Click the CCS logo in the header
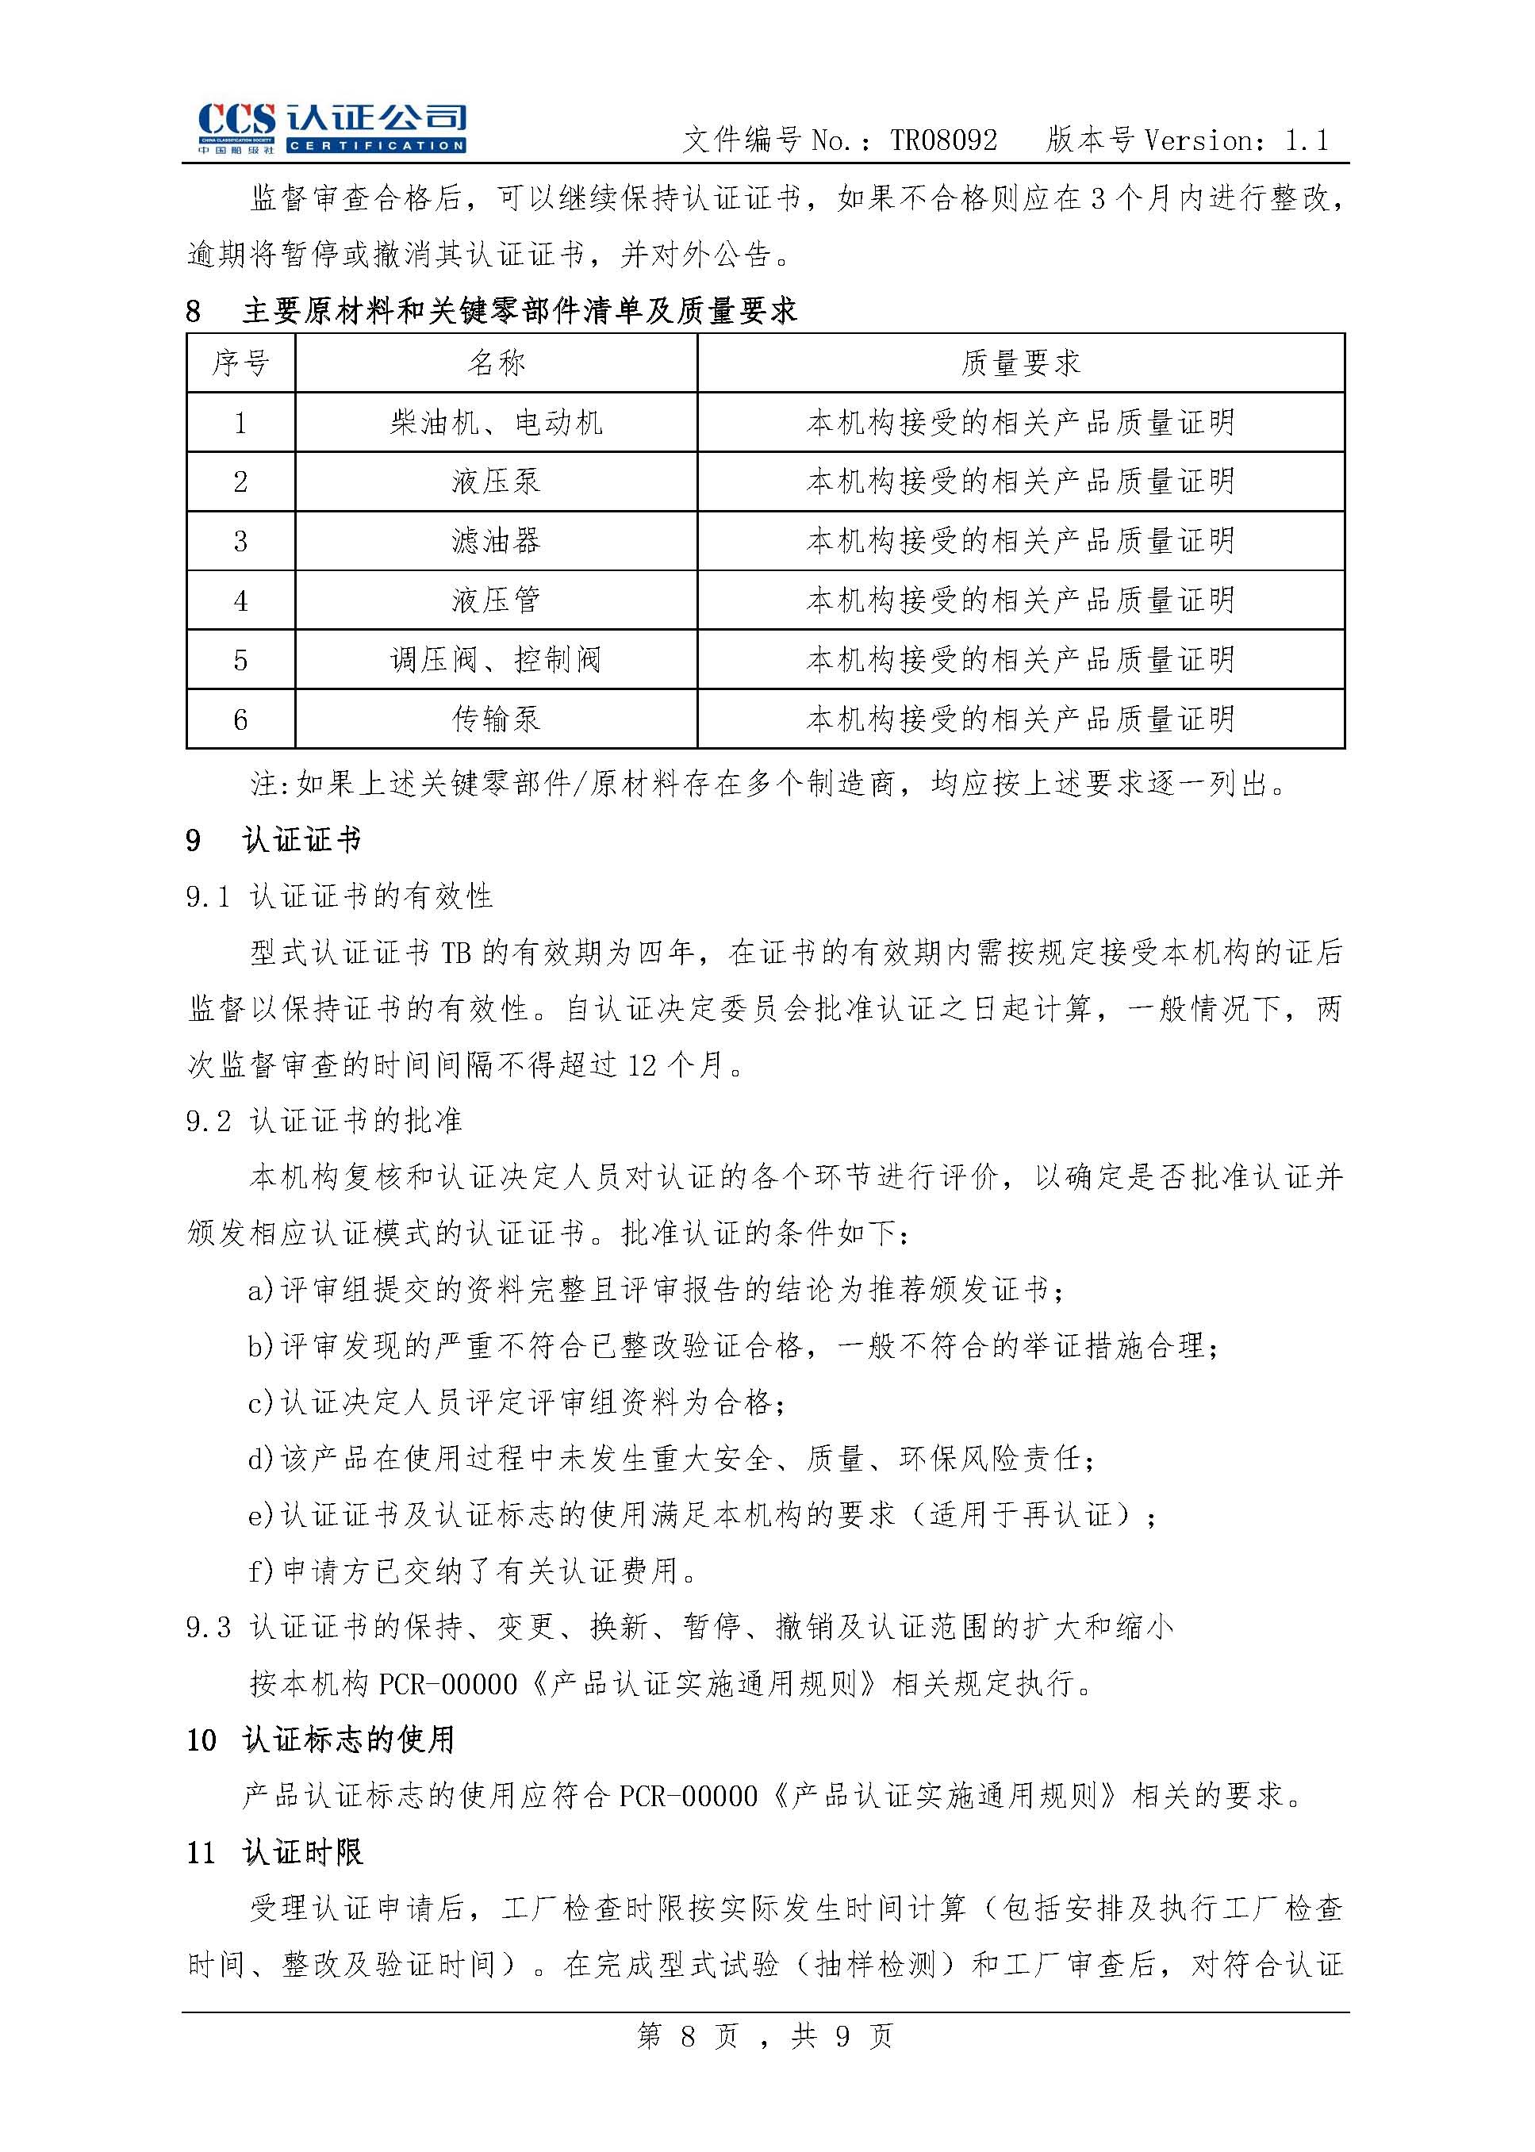pos(331,128)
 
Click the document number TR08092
pos(942,142)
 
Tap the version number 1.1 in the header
pos(1307,142)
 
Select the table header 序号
pos(240,363)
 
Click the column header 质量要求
pos(1020,363)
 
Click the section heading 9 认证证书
pos(274,840)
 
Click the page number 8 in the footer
pos(688,2035)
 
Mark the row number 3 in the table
pos(240,542)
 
